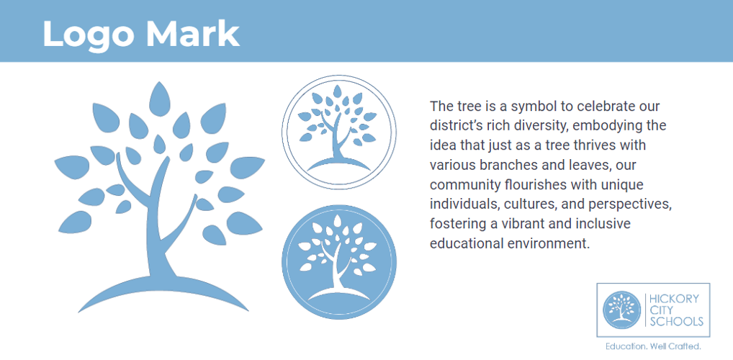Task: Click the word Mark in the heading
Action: (x=192, y=34)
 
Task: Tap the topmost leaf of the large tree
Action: (x=159, y=99)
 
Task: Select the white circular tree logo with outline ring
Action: (x=339, y=132)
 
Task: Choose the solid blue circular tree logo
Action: (x=339, y=262)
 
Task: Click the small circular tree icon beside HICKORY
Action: (x=621, y=310)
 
